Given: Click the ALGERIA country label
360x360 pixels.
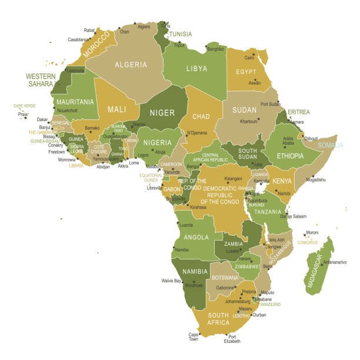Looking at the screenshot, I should tap(131, 65).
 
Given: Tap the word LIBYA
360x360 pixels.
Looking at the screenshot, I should tap(196, 69).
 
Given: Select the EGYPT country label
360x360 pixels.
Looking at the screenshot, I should tap(246, 72).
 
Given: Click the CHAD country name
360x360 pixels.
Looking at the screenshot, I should tap(201, 116).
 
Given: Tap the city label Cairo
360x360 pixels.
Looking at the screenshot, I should tap(249, 58).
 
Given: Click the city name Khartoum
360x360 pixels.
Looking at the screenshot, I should tap(248, 121).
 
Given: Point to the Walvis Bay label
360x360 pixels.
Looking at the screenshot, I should tap(171, 281).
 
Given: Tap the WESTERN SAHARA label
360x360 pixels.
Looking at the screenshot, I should tap(41, 80).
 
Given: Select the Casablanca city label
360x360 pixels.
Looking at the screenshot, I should tap(78, 40).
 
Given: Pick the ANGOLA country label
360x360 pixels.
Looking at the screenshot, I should tap(196, 237).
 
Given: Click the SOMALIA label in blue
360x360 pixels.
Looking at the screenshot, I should tap(330, 145).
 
